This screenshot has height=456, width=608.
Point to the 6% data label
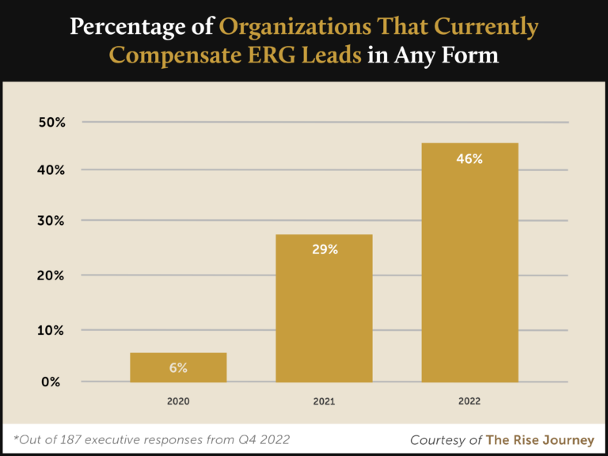pyautogui.click(x=178, y=368)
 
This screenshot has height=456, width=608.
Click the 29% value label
pyautogui.click(x=324, y=249)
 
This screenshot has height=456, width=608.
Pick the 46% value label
pyautogui.click(x=469, y=158)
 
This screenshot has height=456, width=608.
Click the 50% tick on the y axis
pyautogui.click(x=51, y=123)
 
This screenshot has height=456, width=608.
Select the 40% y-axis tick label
pyautogui.click(x=51, y=170)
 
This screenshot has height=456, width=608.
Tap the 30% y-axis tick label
pyautogui.click(x=51, y=221)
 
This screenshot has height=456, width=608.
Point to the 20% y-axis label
pyautogui.click(x=51, y=275)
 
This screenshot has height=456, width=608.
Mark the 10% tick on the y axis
pyautogui.click(x=51, y=330)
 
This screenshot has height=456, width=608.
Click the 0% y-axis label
pyautogui.click(x=51, y=382)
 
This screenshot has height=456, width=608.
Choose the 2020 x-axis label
pyautogui.click(x=178, y=401)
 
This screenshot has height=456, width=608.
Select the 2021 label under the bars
pyautogui.click(x=324, y=401)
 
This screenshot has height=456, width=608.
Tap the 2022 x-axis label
pyautogui.click(x=469, y=401)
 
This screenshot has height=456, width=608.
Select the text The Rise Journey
pyautogui.click(x=540, y=439)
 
